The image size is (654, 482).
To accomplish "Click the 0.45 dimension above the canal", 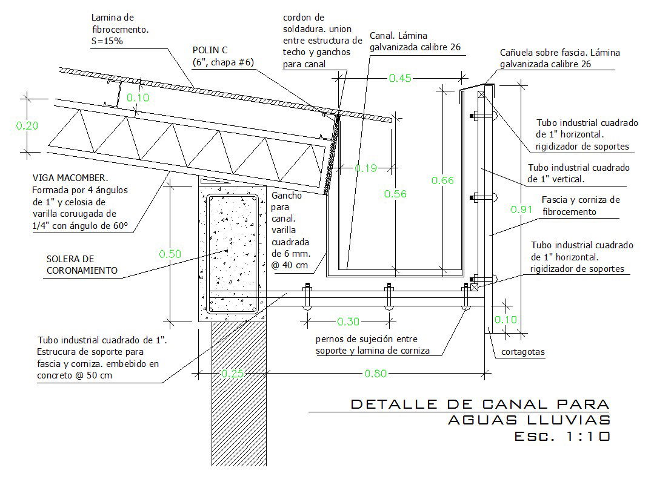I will pyautogui.click(x=401, y=77).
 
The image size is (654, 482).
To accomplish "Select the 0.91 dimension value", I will pyautogui.click(x=521, y=210).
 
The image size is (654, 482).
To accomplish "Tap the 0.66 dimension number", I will pyautogui.click(x=441, y=180).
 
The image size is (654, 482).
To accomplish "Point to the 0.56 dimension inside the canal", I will pyautogui.click(x=395, y=194).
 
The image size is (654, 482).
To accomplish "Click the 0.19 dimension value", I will pyautogui.click(x=365, y=168).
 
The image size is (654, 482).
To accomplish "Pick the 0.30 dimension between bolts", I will pyautogui.click(x=348, y=321).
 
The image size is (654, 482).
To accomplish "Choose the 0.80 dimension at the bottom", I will pyautogui.click(x=375, y=374).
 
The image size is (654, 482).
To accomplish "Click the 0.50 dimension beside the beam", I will pyautogui.click(x=170, y=254).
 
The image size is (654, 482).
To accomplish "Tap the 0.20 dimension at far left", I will pyautogui.click(x=27, y=126).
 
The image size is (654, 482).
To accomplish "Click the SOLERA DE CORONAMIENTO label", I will pyautogui.click(x=82, y=265).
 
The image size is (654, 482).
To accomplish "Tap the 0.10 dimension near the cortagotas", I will pyautogui.click(x=506, y=320).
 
